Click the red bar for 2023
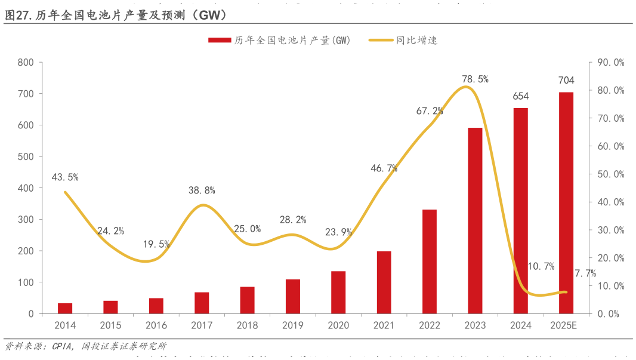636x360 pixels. click(x=475, y=220)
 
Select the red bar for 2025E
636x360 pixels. click(x=566, y=203)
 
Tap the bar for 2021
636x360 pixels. click(x=384, y=282)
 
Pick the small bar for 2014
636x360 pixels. click(x=65, y=308)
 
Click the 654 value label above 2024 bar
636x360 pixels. click(x=520, y=96)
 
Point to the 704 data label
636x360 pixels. click(x=566, y=81)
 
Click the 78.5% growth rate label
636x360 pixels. click(x=475, y=79)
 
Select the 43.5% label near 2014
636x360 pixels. click(x=65, y=177)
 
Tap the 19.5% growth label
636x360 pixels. click(x=156, y=244)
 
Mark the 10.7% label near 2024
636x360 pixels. click(x=541, y=266)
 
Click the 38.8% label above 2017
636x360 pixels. click(x=202, y=190)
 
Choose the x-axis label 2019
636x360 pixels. click(x=293, y=325)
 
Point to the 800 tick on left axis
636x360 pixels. click(x=26, y=63)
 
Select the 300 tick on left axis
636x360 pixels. click(x=26, y=220)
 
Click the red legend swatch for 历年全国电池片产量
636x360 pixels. click(x=220, y=41)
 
